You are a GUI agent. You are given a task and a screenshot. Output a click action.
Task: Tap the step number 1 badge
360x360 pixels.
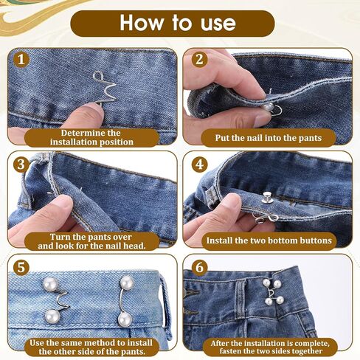[x=21, y=60]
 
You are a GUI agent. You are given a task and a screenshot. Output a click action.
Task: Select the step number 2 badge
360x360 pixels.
[x=199, y=59]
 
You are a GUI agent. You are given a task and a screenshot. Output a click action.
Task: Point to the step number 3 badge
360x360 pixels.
[x=21, y=165]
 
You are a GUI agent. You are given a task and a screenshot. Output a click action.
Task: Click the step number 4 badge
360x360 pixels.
[x=199, y=165]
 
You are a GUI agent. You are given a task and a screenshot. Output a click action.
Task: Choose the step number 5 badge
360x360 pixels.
[x=21, y=267]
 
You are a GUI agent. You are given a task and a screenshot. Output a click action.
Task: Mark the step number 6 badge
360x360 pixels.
[x=199, y=267]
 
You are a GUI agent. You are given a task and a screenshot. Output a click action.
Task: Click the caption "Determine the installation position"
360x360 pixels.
[x=91, y=137]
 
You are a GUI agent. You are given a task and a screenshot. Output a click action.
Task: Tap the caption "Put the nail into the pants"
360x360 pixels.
[x=269, y=138]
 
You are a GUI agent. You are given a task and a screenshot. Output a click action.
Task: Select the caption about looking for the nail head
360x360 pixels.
[x=91, y=241]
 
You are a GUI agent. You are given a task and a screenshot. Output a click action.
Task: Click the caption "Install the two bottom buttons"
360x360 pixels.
[x=269, y=240]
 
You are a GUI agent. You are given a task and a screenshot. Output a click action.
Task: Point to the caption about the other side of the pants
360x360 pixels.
[x=91, y=347]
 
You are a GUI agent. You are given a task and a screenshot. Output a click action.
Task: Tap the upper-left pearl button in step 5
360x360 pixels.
[x=51, y=284]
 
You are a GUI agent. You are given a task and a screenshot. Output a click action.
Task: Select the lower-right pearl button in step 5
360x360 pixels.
[x=125, y=319]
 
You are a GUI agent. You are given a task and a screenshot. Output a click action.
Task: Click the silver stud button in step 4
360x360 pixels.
[x=266, y=198]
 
